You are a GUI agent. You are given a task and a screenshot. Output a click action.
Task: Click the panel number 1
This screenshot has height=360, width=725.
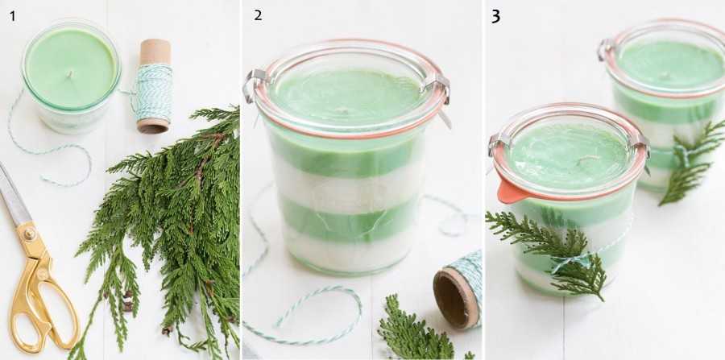coord(12,16)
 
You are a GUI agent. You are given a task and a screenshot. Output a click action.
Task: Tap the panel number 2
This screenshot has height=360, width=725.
coord(258,16)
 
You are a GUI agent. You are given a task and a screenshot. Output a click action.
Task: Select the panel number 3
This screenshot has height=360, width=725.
coord(495,17)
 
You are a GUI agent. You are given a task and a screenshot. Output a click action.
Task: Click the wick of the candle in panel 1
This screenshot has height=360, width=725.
coord(70,74)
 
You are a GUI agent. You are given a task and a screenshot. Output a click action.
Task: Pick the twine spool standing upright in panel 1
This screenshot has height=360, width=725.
coord(155,86)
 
